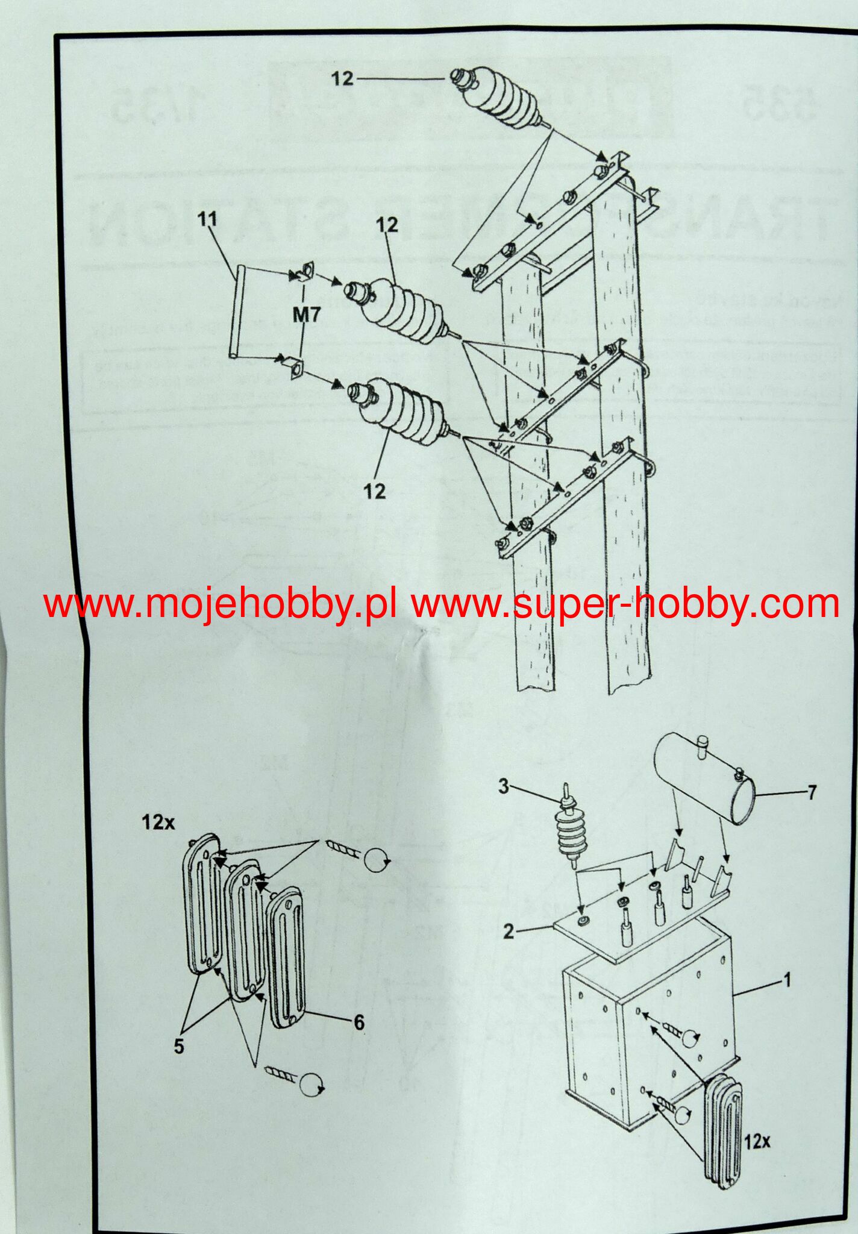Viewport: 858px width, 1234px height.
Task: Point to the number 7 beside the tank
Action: [812, 792]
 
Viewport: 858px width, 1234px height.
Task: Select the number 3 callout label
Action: [504, 786]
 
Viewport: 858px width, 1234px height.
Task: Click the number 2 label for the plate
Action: [509, 931]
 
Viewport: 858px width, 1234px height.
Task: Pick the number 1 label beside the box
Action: [786, 980]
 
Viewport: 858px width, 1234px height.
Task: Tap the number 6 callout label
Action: [359, 1022]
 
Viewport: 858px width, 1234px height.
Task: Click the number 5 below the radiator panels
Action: [179, 1047]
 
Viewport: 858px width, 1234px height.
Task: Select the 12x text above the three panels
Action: [158, 822]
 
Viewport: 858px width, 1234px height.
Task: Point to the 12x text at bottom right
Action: [757, 1141]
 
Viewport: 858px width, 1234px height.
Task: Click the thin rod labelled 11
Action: [241, 313]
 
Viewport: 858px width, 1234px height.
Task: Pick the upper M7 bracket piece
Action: [303, 272]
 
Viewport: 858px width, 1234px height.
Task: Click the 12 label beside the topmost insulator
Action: [342, 79]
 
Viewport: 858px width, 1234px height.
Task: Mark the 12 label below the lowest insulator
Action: [374, 491]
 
